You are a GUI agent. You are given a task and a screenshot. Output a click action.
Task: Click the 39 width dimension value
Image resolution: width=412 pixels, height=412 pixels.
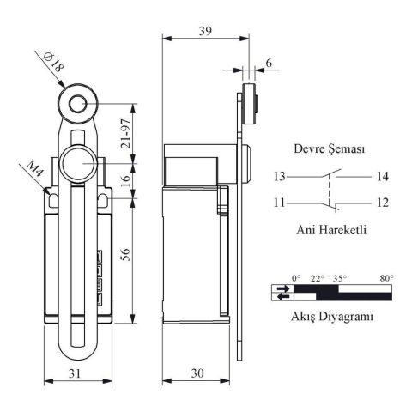pos(205,31)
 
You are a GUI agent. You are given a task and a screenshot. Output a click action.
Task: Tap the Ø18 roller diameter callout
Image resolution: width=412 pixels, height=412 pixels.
pos(53,63)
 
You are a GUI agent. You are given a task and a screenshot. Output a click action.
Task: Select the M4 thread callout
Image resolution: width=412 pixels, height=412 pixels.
pos(35,169)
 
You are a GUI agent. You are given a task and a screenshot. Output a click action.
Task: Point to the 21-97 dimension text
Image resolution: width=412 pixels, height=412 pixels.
pos(126,134)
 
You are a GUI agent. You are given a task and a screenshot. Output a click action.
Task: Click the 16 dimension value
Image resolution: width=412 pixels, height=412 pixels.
pos(125,180)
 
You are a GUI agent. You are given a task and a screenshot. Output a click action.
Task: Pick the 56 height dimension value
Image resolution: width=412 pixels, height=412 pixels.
pos(125,254)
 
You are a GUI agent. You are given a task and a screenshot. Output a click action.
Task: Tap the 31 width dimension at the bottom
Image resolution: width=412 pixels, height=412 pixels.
pos(75,373)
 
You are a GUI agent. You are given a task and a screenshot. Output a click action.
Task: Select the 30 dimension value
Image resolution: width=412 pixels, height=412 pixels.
pos(197,373)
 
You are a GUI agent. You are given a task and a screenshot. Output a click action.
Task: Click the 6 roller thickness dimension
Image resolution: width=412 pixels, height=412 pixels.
pos(269,63)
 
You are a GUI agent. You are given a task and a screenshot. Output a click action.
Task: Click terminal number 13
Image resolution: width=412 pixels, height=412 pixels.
pos(280,176)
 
